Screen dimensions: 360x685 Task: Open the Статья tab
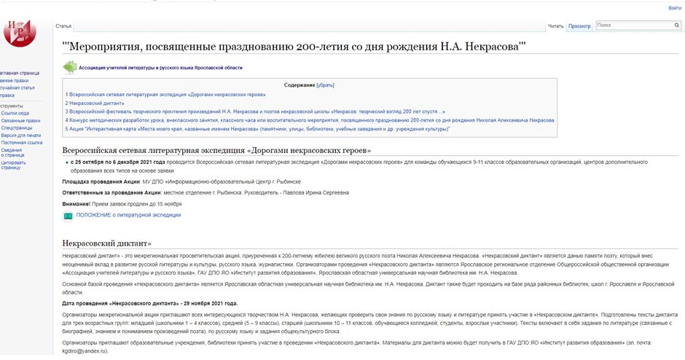[x=63, y=26]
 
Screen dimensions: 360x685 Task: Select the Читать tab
[x=556, y=26]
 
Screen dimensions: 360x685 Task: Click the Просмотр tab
[x=579, y=26]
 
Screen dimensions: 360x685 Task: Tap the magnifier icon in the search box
[x=676, y=26]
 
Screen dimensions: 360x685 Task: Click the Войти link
[x=675, y=8]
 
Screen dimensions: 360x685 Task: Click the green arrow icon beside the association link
[x=69, y=68]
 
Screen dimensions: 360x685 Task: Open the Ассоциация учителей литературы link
[x=160, y=68]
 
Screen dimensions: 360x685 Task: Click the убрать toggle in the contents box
[x=325, y=85]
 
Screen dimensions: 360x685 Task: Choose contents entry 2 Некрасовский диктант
[x=95, y=103]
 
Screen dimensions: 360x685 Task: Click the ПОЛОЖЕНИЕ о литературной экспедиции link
[x=128, y=216]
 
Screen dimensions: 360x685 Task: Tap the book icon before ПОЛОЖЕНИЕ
[x=68, y=216]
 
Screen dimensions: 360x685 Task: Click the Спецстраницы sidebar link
[x=17, y=128]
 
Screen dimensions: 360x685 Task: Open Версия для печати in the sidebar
[x=21, y=136]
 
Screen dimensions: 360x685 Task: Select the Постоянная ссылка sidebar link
[x=22, y=143]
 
